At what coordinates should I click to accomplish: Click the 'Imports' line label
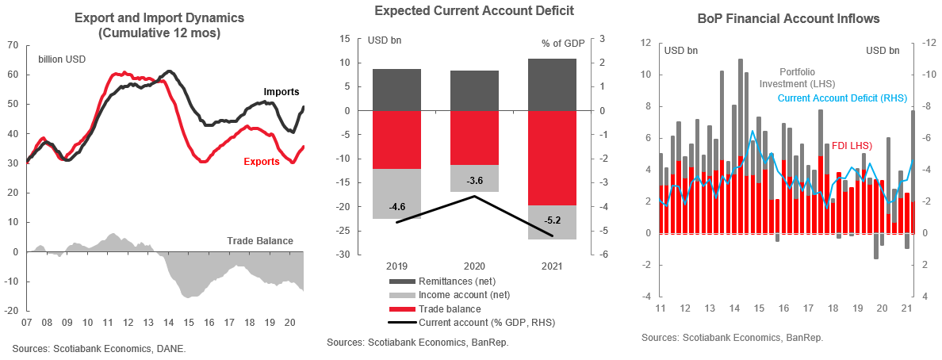click(x=282, y=92)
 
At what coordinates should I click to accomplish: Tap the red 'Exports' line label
click(x=261, y=161)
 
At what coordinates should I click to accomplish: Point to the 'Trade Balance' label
click(x=260, y=241)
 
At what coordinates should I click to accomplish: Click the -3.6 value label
click(x=475, y=181)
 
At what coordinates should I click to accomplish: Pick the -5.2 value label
click(x=553, y=220)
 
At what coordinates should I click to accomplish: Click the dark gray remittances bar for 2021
click(x=552, y=84)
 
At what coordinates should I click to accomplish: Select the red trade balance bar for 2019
click(x=396, y=140)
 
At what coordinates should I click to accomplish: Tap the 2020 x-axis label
click(x=475, y=266)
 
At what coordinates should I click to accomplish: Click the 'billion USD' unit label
click(x=63, y=59)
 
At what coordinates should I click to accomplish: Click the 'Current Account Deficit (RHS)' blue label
click(x=841, y=98)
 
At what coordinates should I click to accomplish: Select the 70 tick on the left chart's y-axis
click(x=13, y=45)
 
